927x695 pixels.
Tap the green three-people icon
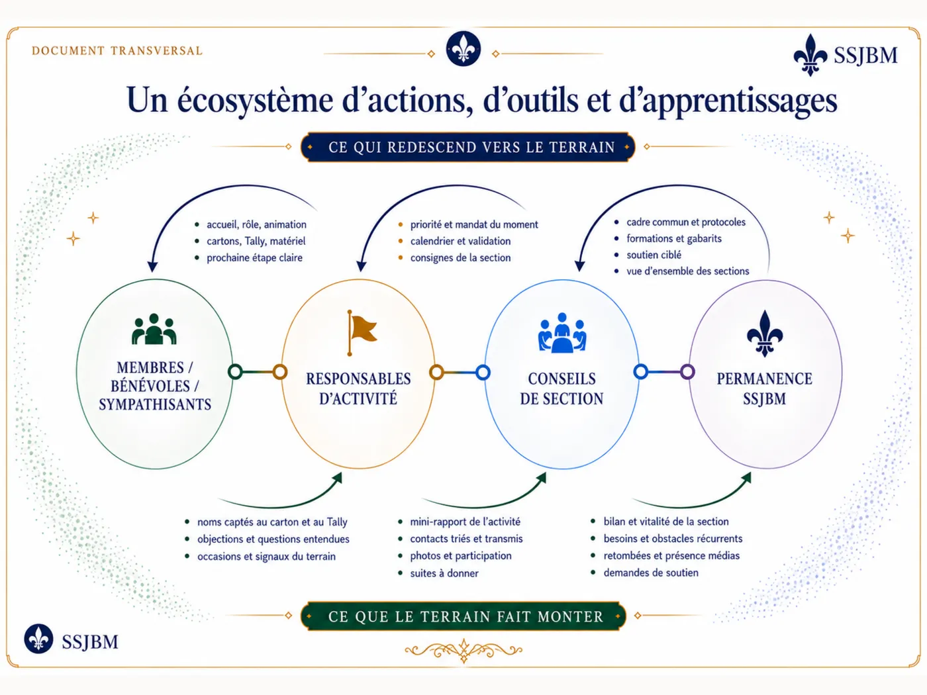click(154, 329)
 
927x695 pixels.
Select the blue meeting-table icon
click(562, 332)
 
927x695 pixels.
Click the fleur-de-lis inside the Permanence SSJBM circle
click(765, 334)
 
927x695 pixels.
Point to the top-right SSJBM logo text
click(865, 56)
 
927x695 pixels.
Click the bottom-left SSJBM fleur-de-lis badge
click(38, 639)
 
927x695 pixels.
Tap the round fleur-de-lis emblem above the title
click(463, 48)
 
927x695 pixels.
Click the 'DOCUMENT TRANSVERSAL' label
click(117, 51)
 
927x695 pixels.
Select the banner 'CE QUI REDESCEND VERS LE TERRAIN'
click(468, 147)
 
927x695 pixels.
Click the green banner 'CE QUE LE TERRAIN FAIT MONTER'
click(463, 616)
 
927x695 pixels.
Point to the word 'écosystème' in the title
click(255, 101)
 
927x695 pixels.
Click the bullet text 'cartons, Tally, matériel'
click(256, 241)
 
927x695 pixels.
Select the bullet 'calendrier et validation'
click(460, 241)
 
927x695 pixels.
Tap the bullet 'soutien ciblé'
click(654, 255)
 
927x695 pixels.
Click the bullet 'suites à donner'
click(444, 573)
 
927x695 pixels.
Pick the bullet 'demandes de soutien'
click(651, 573)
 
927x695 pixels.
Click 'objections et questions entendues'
click(273, 539)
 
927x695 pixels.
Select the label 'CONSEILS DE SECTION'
click(561, 389)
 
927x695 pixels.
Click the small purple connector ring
click(687, 372)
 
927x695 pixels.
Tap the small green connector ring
click(235, 372)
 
